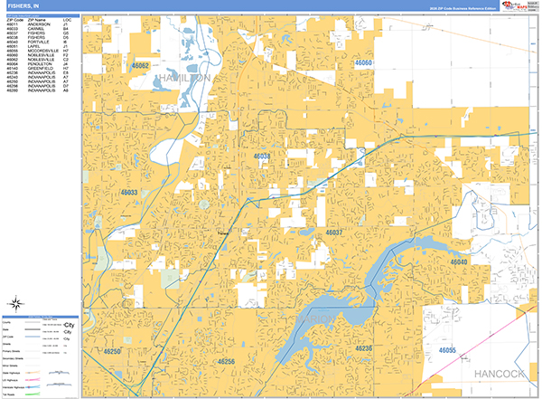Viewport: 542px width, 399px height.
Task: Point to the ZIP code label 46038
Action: pos(262,157)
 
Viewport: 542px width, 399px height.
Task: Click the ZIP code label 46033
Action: pos(128,193)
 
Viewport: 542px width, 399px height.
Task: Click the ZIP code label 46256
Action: pos(226,361)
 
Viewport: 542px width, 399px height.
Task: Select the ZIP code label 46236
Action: pos(363,348)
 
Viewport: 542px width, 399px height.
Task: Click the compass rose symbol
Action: pos(15,303)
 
